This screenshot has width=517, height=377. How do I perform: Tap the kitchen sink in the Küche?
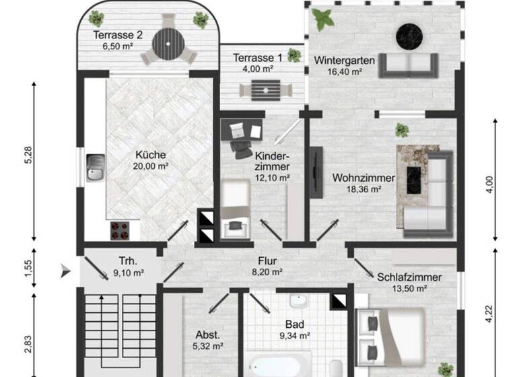[95, 168]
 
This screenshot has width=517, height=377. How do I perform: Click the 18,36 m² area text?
[357, 190]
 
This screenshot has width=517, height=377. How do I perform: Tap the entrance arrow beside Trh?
[65, 271]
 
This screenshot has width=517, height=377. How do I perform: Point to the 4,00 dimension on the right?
[489, 181]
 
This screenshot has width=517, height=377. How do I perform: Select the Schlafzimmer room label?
[409, 277]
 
